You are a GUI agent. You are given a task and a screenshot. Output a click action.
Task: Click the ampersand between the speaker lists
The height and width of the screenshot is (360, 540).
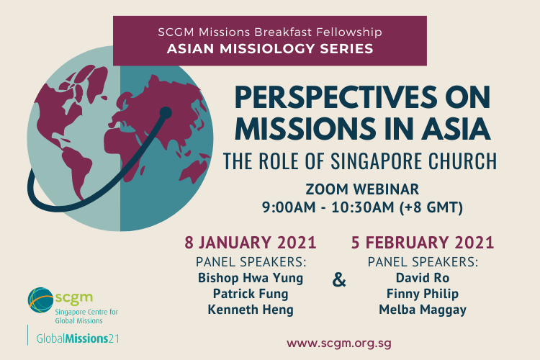point(339,279)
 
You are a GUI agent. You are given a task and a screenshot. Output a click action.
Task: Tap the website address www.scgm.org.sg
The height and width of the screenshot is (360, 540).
point(339,343)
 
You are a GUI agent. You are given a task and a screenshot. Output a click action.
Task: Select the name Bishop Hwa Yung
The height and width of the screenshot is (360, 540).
point(251,278)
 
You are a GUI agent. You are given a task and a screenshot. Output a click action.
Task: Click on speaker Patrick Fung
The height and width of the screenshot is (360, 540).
point(251,294)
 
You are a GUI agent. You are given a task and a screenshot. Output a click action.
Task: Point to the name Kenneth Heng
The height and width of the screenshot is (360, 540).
point(251,310)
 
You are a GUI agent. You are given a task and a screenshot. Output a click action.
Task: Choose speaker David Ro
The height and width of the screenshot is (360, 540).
point(423,278)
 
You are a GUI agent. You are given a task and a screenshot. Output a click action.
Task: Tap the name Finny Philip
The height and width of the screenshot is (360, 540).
point(423,294)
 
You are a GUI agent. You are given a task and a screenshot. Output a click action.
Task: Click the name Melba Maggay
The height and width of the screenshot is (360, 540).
point(423,310)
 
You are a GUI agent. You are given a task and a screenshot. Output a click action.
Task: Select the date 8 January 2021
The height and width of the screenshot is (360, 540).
point(251,243)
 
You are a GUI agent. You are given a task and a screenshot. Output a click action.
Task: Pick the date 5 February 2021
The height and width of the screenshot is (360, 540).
point(423,243)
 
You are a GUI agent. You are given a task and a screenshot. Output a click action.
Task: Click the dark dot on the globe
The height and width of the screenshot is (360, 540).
point(166,112)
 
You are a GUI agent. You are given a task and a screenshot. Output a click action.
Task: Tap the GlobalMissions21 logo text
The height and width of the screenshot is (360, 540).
point(78,338)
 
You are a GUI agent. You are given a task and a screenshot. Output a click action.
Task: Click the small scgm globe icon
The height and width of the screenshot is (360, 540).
point(41,300)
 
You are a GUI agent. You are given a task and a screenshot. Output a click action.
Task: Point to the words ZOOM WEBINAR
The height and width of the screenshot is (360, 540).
point(362,189)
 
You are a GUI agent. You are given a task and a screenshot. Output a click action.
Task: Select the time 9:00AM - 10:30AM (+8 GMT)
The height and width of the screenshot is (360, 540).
point(362,207)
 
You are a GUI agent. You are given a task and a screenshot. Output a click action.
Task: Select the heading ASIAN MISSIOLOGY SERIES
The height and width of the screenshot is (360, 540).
point(270,49)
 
